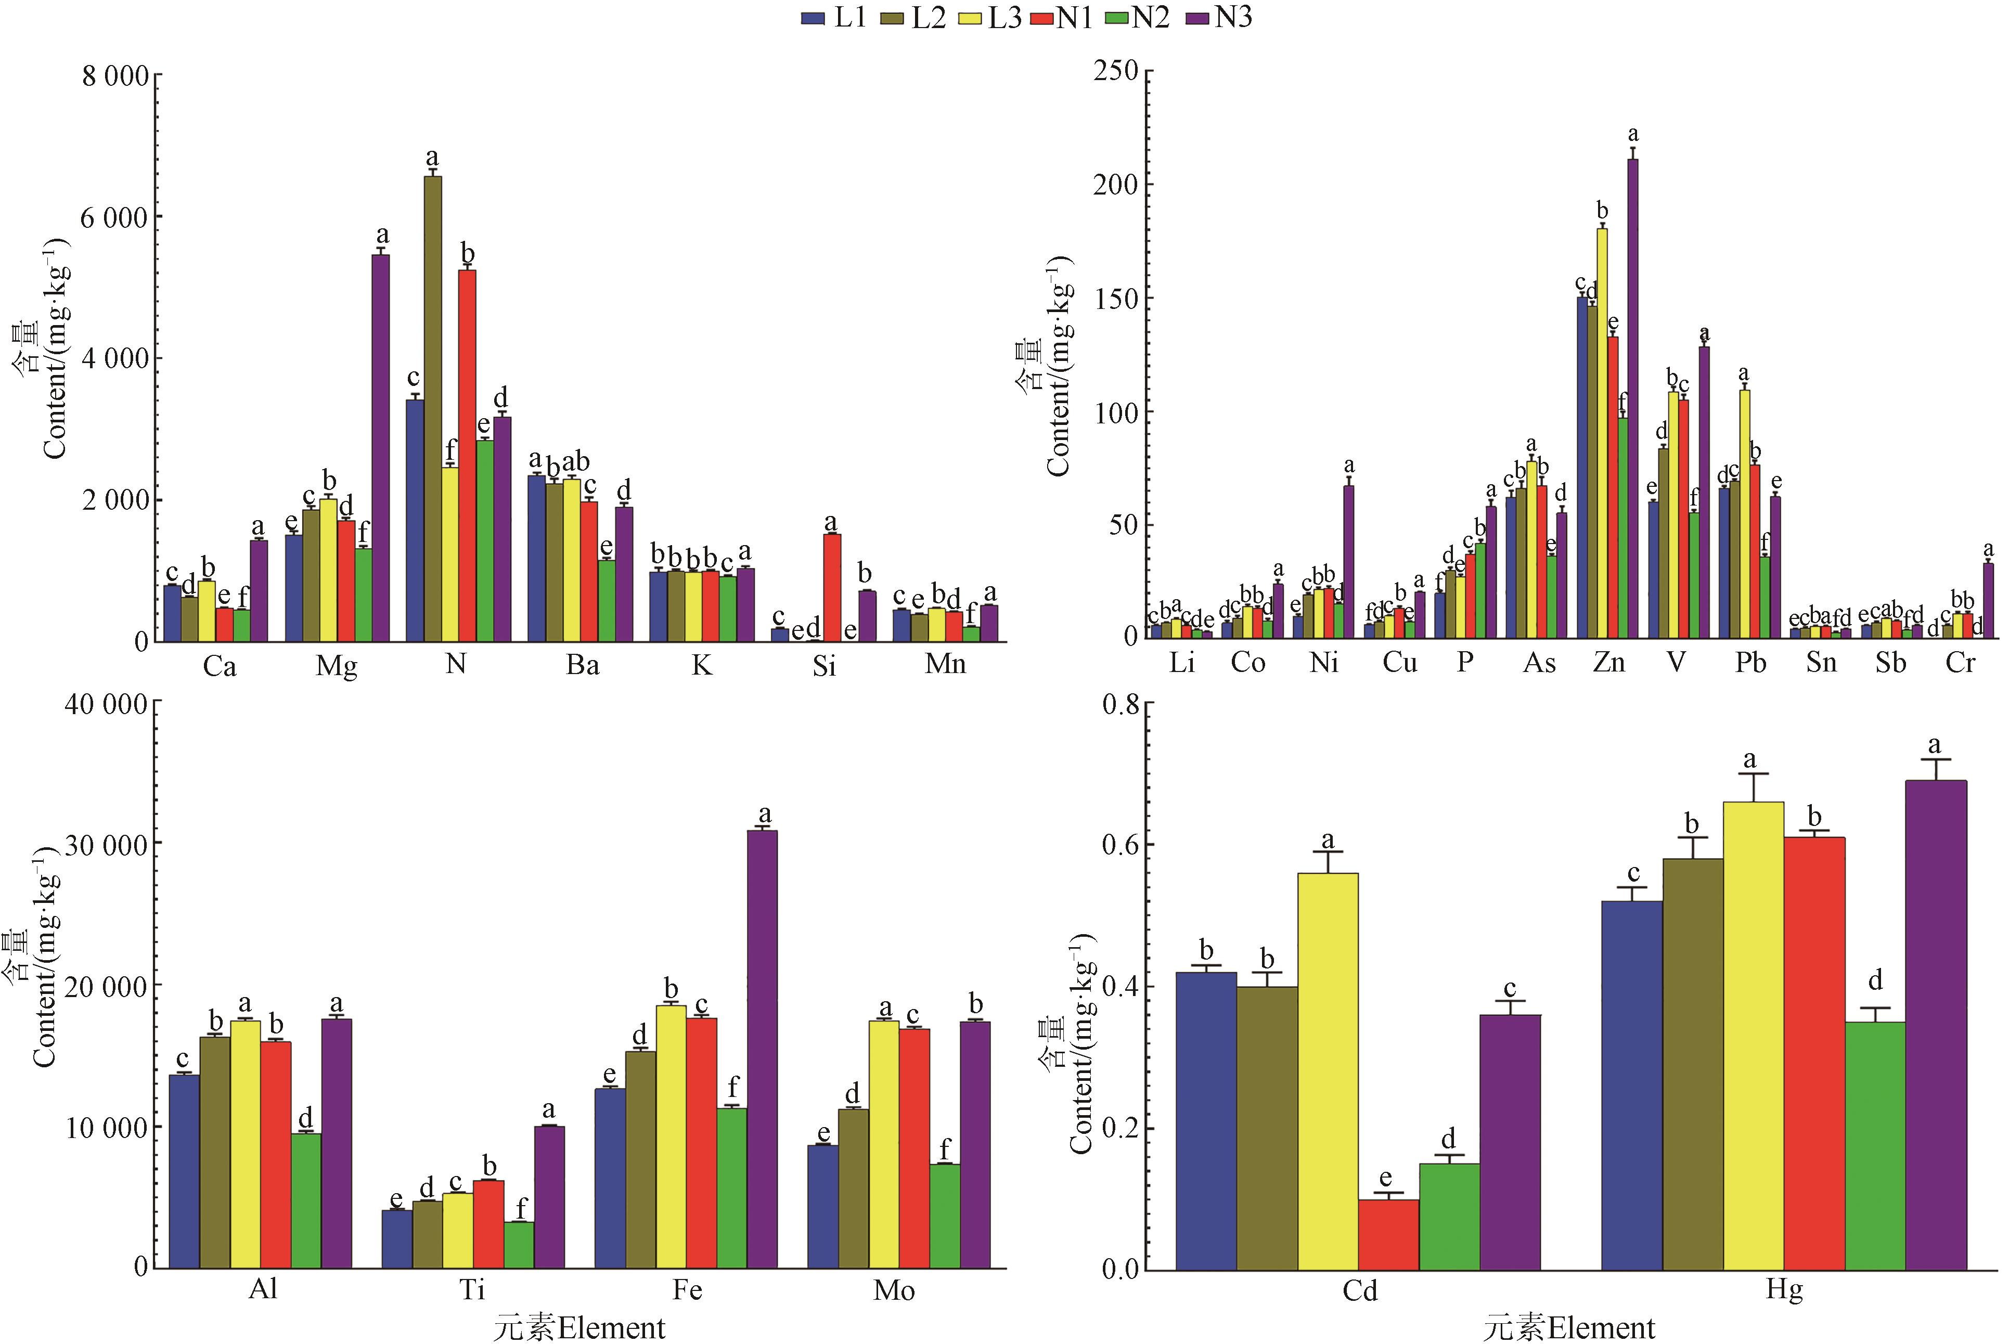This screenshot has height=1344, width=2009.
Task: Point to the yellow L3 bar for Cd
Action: [x=1328, y=1071]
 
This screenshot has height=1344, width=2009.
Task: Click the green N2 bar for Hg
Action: [x=1875, y=1145]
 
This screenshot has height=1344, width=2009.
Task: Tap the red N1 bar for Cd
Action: [x=1388, y=1234]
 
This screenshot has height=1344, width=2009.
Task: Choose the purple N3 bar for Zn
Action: [x=1632, y=398]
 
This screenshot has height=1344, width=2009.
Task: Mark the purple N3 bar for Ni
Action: [x=1348, y=561]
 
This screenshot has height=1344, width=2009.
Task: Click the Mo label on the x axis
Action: [x=894, y=1290]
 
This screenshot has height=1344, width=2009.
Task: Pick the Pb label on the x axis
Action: [x=1750, y=664]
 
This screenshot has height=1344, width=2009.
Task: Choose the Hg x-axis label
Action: [x=1784, y=1289]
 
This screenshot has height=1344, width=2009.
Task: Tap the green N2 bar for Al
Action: [x=306, y=1200]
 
